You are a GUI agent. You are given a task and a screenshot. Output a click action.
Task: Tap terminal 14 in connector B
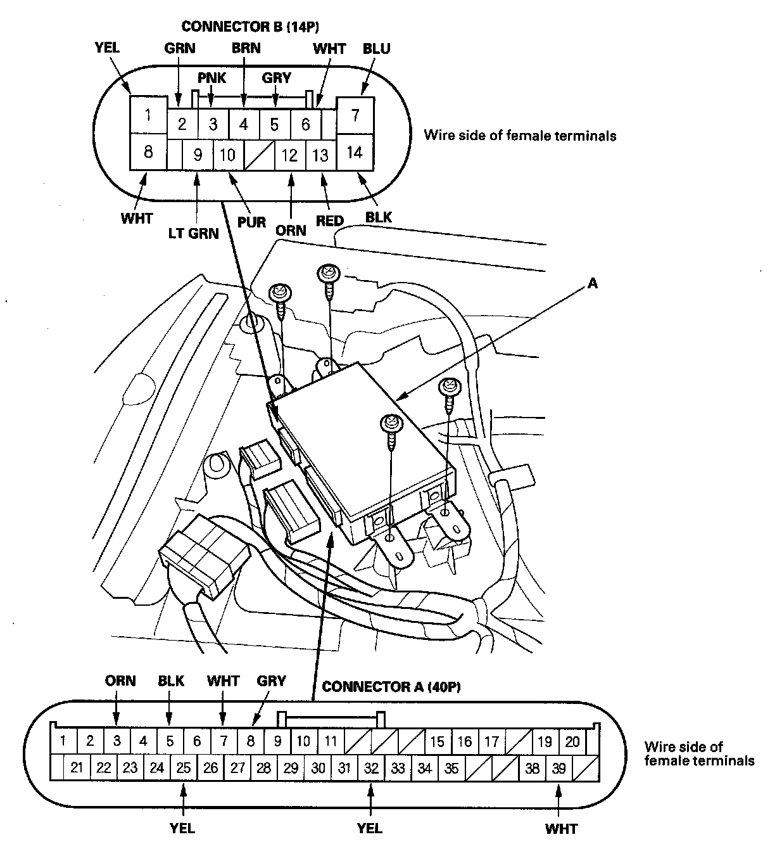tap(355, 153)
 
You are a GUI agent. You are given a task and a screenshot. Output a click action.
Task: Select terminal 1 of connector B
tap(148, 115)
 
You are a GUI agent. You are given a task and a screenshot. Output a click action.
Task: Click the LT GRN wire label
tap(193, 234)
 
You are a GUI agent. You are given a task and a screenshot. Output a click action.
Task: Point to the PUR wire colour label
tap(252, 222)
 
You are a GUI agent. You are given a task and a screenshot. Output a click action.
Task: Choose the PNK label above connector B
tap(211, 78)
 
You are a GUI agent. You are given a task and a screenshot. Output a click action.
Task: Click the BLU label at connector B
tap(376, 49)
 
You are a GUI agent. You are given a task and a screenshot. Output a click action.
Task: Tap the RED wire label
tap(329, 221)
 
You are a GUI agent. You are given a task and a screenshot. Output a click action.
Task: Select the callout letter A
tap(593, 284)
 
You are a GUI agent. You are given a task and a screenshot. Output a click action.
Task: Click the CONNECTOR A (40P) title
tap(391, 687)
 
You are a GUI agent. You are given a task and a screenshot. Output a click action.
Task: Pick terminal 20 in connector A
tap(572, 741)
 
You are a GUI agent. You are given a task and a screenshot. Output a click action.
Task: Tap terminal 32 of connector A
tap(371, 769)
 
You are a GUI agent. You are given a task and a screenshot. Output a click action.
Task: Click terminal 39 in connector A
tap(559, 769)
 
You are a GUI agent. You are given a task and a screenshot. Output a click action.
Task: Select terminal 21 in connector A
tap(77, 769)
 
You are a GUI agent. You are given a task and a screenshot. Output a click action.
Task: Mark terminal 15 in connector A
tap(437, 741)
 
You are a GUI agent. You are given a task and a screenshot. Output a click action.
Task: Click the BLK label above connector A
tap(171, 681)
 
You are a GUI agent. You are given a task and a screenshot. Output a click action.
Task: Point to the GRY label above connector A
tap(271, 681)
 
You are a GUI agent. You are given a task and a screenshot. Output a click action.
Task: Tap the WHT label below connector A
tap(561, 828)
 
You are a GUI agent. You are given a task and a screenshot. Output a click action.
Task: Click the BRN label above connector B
tap(246, 48)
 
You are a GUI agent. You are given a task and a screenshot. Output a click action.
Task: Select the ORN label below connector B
tap(291, 230)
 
